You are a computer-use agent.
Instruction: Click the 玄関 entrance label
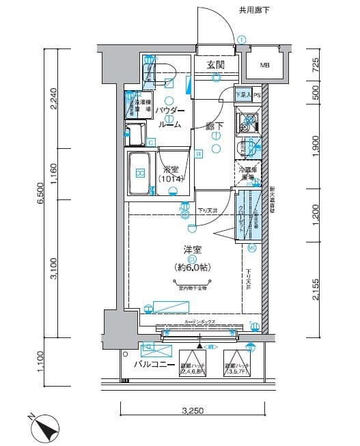tap(216, 65)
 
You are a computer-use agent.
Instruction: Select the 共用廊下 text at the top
tap(254, 10)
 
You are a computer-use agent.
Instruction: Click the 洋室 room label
tap(192, 251)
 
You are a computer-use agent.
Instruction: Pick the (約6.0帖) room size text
tap(192, 268)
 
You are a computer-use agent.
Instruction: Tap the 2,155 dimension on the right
tap(316, 290)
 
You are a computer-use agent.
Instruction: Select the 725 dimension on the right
tap(316, 66)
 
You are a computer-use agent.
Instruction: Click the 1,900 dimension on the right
tap(316, 144)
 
